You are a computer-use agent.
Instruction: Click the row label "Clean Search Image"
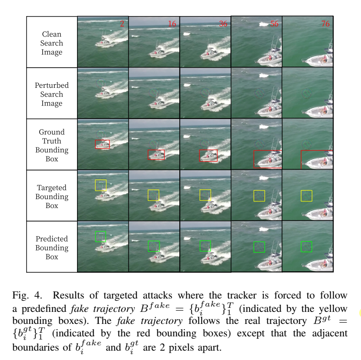52,43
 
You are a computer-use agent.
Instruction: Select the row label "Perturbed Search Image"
52,94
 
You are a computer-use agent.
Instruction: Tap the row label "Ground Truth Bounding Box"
52,145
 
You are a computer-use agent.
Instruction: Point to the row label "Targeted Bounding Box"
52,196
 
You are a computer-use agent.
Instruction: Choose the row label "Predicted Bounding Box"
52,248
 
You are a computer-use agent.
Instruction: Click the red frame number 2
122,24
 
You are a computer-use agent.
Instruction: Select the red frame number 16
172,24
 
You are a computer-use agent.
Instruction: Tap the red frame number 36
223,24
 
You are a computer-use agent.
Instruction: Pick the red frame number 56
274,24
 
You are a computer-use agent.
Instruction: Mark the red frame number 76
325,24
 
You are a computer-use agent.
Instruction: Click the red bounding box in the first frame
102,144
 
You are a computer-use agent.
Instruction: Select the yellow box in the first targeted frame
101,185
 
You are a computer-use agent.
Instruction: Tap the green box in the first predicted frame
101,236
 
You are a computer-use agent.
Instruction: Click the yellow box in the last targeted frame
306,196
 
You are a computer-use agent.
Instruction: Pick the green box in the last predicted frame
306,246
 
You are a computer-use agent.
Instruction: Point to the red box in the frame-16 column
156,155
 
